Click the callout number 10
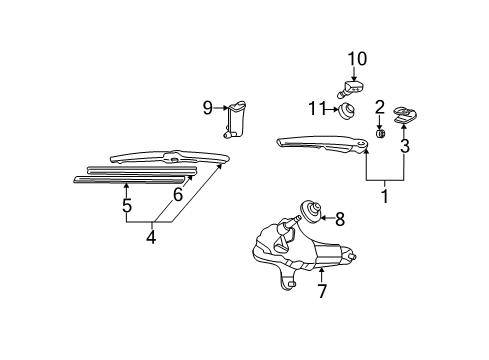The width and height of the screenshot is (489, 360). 357,59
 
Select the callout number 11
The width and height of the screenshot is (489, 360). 316,108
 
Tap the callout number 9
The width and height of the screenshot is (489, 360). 208,108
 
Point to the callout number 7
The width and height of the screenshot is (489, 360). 321,291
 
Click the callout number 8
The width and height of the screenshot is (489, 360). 340,219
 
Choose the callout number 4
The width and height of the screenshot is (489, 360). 151,237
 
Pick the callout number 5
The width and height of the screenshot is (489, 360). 127,205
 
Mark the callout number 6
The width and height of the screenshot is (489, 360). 178,195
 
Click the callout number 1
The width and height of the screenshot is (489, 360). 385,196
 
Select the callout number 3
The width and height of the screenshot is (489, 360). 405,146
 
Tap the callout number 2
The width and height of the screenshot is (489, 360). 379,107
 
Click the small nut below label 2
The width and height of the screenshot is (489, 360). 380,134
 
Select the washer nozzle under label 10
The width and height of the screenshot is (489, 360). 350,89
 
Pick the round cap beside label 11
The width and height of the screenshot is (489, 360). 346,110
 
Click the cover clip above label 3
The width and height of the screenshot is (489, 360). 405,115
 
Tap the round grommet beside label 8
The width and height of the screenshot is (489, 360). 312,210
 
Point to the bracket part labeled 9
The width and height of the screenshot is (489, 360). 235,119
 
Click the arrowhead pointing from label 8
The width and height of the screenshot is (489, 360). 323,219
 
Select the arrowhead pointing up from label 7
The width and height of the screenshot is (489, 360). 321,270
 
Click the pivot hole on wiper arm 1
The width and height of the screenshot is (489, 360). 361,143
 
